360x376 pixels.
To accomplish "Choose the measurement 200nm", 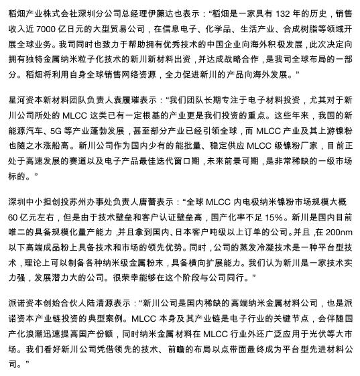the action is click(x=339, y=231).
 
